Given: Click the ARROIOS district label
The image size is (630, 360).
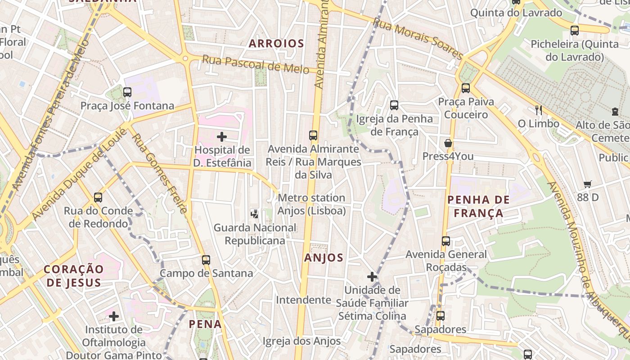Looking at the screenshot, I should [x=276, y=44].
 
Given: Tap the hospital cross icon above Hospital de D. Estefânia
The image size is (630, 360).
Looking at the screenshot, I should [x=222, y=136].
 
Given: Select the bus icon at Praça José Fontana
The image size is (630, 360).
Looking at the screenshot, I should [x=127, y=92].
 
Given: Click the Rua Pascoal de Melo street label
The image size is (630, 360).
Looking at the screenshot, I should [x=255, y=64].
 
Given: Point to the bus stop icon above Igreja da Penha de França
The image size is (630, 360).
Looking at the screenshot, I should [x=394, y=105].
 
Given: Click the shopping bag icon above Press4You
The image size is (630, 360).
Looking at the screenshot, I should [x=448, y=144].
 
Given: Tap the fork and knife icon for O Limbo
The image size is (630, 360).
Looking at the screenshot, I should [x=538, y=110].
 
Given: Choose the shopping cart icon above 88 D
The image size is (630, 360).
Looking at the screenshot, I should [x=588, y=184].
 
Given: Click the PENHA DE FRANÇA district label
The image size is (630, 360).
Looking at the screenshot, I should [x=479, y=206].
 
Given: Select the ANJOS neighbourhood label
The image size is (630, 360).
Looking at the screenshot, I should [x=324, y=258].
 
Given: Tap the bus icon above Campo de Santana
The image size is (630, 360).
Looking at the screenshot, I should [x=206, y=260].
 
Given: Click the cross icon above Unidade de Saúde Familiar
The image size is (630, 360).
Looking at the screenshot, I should [x=372, y=276].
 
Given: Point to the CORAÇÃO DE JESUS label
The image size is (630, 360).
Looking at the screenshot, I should [x=74, y=275].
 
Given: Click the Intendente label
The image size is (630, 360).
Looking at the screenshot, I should [x=303, y=300].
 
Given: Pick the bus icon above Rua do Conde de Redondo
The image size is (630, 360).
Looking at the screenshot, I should [x=98, y=197].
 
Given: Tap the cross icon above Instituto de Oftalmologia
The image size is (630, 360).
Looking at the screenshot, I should [x=114, y=316].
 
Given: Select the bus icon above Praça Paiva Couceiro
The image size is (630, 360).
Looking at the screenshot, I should [x=466, y=88].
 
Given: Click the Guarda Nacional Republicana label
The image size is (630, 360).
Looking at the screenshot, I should [x=255, y=234].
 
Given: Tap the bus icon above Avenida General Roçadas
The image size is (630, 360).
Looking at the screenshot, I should [x=446, y=241].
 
